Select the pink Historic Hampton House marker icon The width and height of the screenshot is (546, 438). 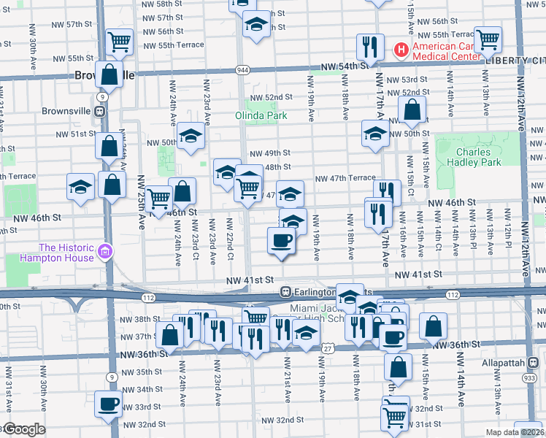coord(106,252)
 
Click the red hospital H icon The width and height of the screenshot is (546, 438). coord(400,49)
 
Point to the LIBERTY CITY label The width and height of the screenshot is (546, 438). coord(515,60)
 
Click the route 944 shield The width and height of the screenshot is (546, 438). coord(242,70)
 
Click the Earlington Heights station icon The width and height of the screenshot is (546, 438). coord(287,292)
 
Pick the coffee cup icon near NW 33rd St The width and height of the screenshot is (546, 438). coord(109,402)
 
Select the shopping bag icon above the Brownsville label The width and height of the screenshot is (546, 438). coord(109,74)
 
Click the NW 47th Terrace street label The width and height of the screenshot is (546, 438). coord(345,178)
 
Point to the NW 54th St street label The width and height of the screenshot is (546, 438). coord(342,66)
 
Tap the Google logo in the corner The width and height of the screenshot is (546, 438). coord(23,430)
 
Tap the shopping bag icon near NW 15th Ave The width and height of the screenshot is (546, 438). coord(433,327)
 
